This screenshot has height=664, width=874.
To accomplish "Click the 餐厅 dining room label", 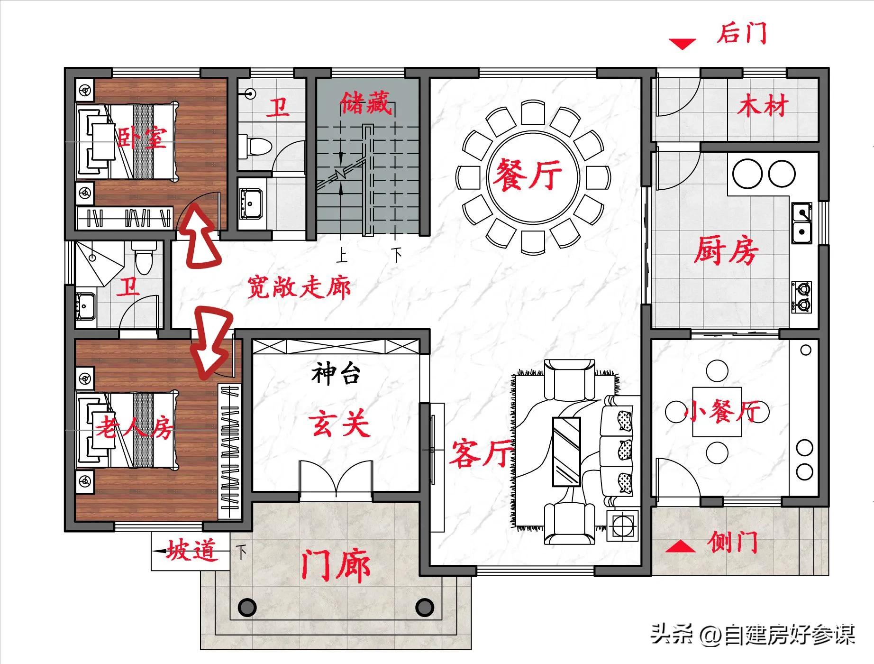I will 527,174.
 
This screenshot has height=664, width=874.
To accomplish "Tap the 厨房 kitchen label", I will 726,250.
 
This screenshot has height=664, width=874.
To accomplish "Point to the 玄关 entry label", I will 338,424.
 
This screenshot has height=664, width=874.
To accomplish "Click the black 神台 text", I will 336,374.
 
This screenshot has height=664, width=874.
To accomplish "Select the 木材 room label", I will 762,105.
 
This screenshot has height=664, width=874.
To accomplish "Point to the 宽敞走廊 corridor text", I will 299,287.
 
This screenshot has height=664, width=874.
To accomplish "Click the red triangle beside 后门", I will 682,45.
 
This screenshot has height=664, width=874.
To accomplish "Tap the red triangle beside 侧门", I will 681,546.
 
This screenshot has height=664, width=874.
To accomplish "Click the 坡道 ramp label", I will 191,551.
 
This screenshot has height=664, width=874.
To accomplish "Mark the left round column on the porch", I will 246,607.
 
